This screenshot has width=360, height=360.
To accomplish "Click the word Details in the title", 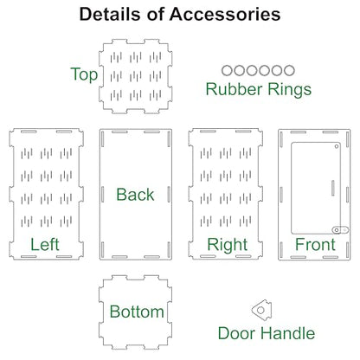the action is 111,14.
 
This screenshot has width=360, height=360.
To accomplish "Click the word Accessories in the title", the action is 225,14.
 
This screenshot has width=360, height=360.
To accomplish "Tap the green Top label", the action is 84,74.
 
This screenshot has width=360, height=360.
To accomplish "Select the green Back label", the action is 135,195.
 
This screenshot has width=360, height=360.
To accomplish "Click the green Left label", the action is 45,245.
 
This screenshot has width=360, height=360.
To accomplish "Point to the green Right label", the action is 228,246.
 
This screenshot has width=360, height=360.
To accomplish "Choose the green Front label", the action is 315,245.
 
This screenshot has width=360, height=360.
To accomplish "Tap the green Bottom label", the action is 137,312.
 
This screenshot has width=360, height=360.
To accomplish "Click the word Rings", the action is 290,89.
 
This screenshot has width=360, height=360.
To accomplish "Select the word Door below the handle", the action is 236,333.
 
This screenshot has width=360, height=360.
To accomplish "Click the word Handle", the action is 288,333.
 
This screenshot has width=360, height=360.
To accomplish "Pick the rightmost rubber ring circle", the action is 289,70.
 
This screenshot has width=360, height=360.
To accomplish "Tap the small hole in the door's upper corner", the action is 337,146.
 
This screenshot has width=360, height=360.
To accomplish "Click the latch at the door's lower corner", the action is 340,230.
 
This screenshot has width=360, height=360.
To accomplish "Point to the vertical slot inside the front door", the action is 333,188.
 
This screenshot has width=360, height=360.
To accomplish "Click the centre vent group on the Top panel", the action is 136,76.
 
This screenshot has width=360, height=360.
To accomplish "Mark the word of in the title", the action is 156,14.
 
